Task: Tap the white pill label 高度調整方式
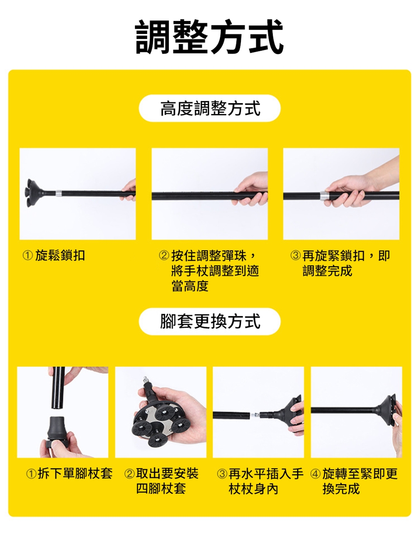tap(209, 108)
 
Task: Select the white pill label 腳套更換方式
tap(209, 322)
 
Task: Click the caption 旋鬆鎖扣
tap(60, 255)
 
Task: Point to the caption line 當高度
tap(190, 286)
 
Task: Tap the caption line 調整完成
tap(327, 271)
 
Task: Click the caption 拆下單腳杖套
tap(75, 473)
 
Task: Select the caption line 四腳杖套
tap(161, 489)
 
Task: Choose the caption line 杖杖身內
tap(253, 489)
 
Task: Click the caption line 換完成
tap(341, 489)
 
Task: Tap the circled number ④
tap(316, 474)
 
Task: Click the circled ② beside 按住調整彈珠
tap(164, 255)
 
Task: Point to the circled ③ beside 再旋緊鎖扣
tap(295, 255)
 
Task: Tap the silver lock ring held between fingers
tap(324, 196)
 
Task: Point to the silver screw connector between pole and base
tap(255, 415)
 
